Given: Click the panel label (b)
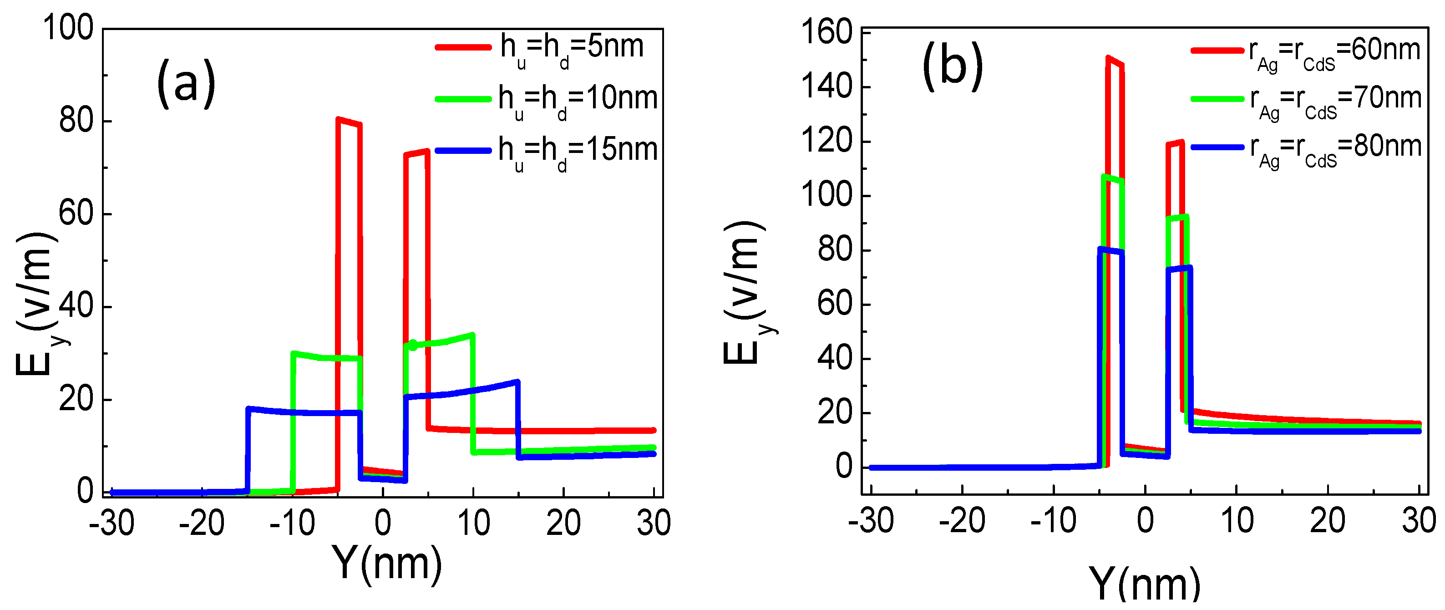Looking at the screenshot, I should (x=953, y=66).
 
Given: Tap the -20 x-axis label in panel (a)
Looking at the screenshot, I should (x=201, y=523).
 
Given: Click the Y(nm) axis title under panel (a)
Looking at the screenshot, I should (x=386, y=563).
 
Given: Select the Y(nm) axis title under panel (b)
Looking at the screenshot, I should (x=1144, y=584).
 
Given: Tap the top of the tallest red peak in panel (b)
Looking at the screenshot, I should (x=1108, y=57).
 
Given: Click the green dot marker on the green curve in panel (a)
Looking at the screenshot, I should (x=412, y=345).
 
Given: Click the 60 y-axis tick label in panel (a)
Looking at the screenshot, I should (x=76, y=214).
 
